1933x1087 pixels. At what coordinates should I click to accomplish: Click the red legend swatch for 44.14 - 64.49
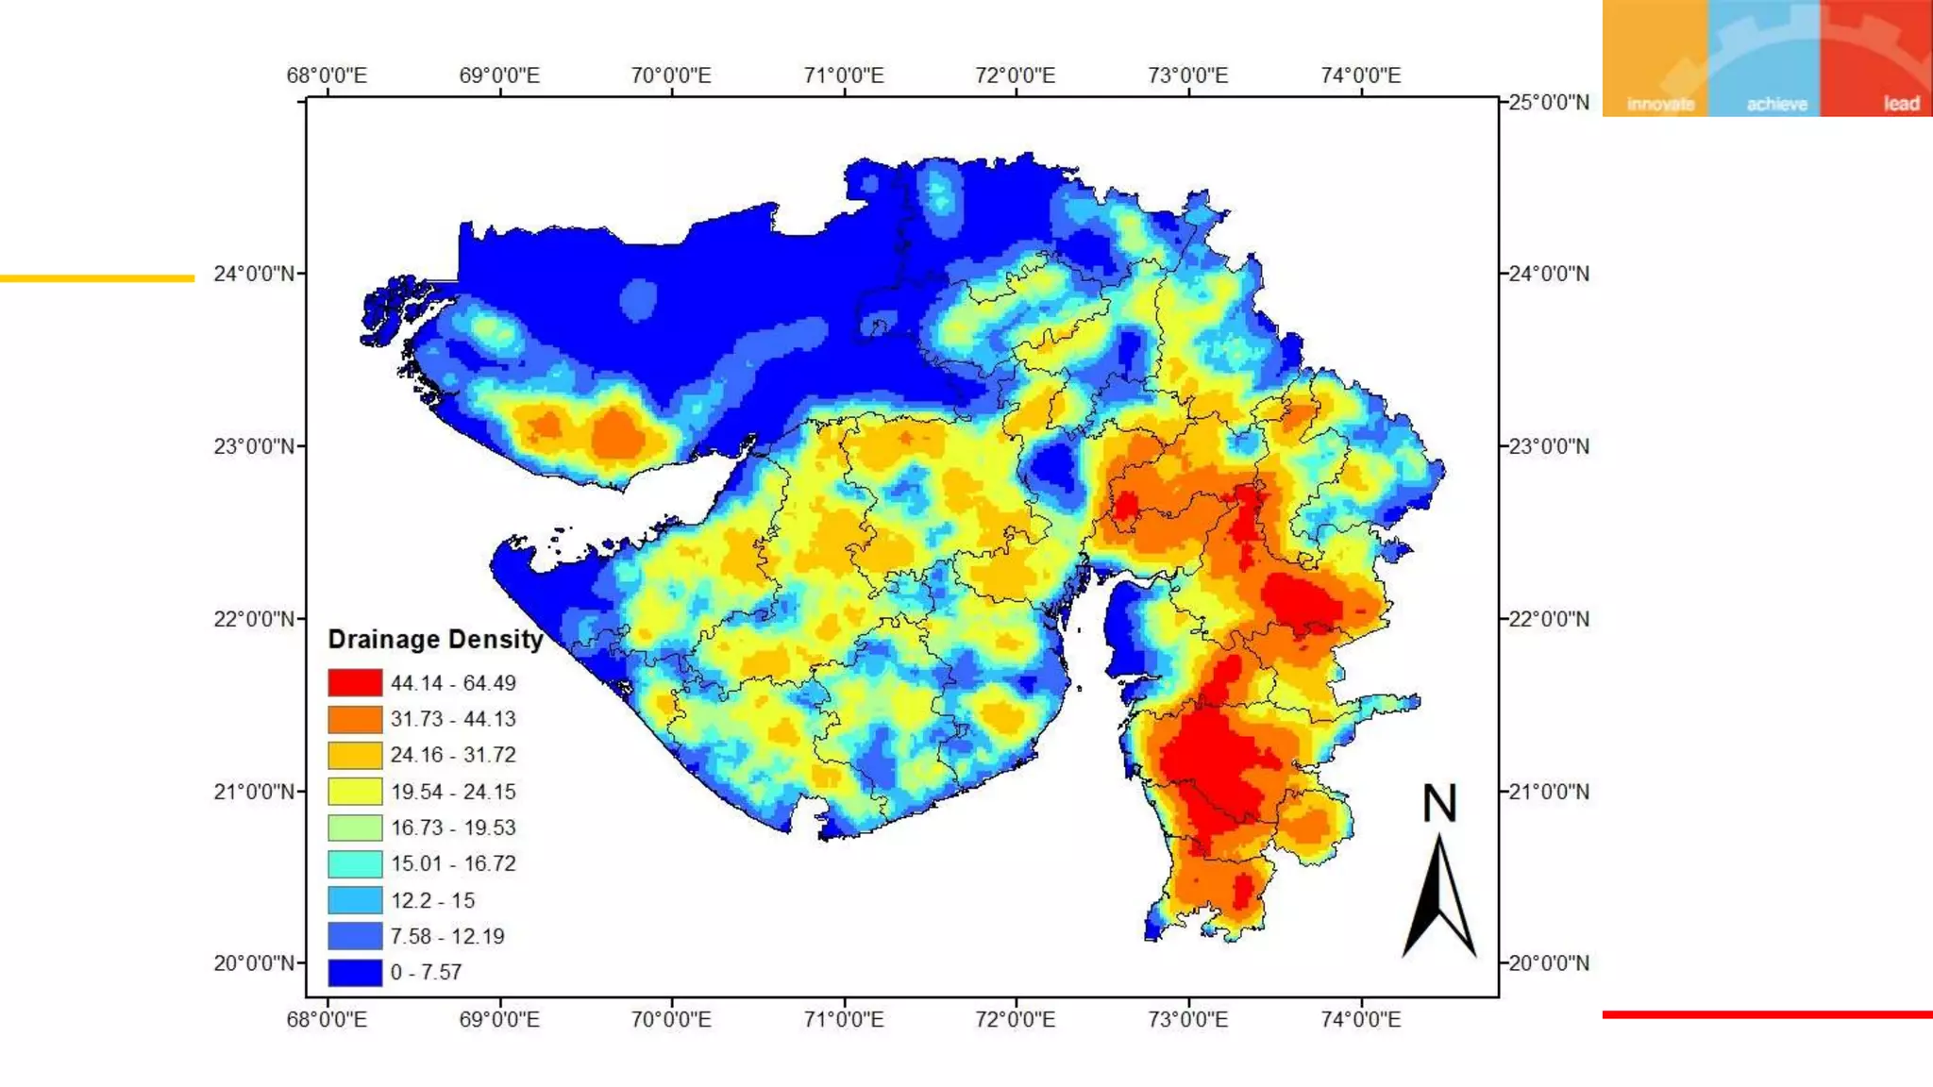point(355,682)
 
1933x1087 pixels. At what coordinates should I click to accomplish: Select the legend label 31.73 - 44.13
point(453,719)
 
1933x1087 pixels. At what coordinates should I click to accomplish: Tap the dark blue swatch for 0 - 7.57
point(355,972)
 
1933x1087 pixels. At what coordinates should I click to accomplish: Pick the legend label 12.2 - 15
point(432,900)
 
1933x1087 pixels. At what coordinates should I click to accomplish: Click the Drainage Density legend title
point(435,640)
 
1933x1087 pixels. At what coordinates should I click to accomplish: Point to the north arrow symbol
point(1439,896)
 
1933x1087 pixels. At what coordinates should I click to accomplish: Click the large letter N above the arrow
point(1439,804)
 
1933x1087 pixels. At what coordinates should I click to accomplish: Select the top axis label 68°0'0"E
point(327,75)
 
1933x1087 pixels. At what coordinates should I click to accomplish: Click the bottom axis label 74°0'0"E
point(1360,1019)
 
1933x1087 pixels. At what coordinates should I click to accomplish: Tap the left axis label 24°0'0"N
point(254,274)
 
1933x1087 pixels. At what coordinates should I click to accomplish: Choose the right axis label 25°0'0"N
point(1548,102)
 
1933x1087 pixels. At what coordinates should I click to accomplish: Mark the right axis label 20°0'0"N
point(1548,963)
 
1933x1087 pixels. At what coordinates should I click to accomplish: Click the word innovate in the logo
point(1660,104)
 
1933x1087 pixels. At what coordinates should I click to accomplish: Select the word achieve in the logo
point(1776,104)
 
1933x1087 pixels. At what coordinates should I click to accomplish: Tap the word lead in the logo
point(1901,104)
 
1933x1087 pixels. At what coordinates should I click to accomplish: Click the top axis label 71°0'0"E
point(844,75)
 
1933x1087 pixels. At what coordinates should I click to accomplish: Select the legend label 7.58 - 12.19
point(447,936)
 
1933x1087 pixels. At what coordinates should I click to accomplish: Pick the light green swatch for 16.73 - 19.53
point(355,828)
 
